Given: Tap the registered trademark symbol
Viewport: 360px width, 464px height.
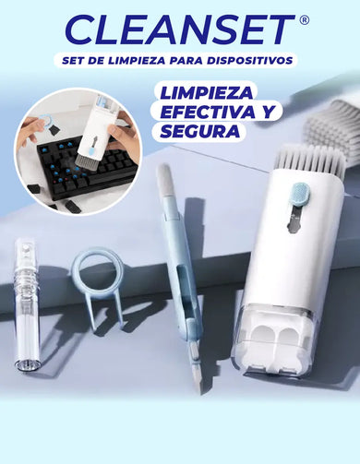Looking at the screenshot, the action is [304, 20].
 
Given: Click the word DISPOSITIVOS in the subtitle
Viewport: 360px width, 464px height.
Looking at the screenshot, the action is [249, 61].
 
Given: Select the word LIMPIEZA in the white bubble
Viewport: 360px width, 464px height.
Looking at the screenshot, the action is [207, 93].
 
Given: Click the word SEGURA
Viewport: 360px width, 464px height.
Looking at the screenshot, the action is [200, 131].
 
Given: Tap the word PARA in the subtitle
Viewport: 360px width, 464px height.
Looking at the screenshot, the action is [186, 61].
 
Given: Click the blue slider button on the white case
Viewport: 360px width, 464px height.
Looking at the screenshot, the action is [300, 193].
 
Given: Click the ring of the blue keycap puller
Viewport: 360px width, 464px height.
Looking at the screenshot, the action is [98, 269].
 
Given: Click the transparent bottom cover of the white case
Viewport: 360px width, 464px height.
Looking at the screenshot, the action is [271, 338].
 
